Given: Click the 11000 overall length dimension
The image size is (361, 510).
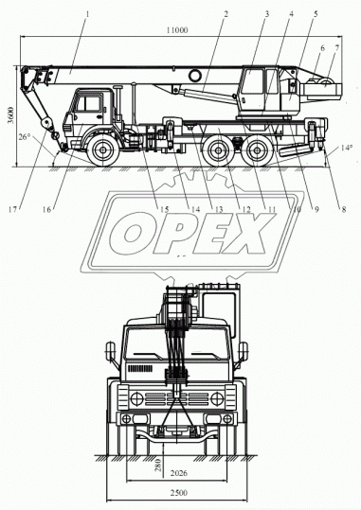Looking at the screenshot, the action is (x=177, y=30).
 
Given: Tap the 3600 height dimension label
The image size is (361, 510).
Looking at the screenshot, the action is (x=11, y=114).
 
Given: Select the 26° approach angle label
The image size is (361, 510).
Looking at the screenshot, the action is (x=24, y=137).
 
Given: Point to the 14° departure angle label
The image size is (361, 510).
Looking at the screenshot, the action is (x=347, y=148).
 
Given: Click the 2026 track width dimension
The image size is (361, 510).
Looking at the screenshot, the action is (x=178, y=473).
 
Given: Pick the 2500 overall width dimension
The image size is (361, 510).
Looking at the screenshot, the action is (x=178, y=493).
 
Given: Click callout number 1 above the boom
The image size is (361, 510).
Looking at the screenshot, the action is (x=87, y=14).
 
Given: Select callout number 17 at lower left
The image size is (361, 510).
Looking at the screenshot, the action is (x=12, y=209).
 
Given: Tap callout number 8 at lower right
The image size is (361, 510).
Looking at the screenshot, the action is (x=344, y=209).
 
